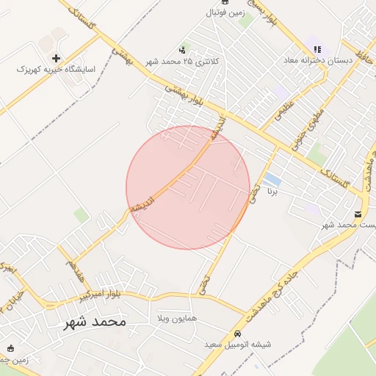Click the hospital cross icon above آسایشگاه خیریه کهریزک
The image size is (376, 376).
56,57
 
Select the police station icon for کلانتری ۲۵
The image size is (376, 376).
182,50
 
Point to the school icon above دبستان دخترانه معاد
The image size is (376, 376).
317,49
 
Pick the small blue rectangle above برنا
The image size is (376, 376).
272,179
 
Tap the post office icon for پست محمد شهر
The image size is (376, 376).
358,214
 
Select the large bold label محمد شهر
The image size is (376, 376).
91,322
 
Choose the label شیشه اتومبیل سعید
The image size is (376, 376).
247,344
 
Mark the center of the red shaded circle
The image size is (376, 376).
188,187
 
